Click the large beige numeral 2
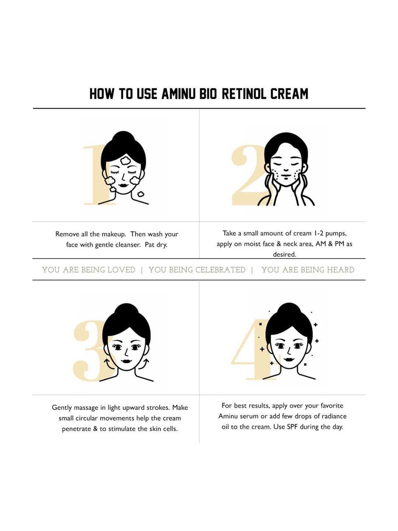pos(245,175)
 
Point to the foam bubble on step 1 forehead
pos(125,161)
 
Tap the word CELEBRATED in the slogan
pos(220,270)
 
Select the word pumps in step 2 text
pos(336,234)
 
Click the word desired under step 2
pos(284,254)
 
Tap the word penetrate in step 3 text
pos(76,429)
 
